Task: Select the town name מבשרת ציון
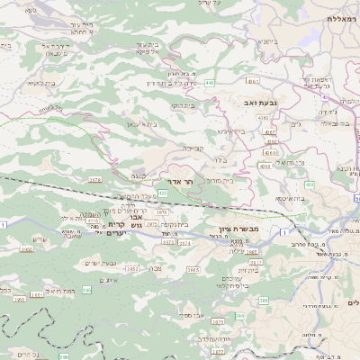(x=238, y=229)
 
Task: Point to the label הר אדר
(x=183, y=181)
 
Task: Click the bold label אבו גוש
(x=126, y=225)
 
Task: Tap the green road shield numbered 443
(x=210, y=82)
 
